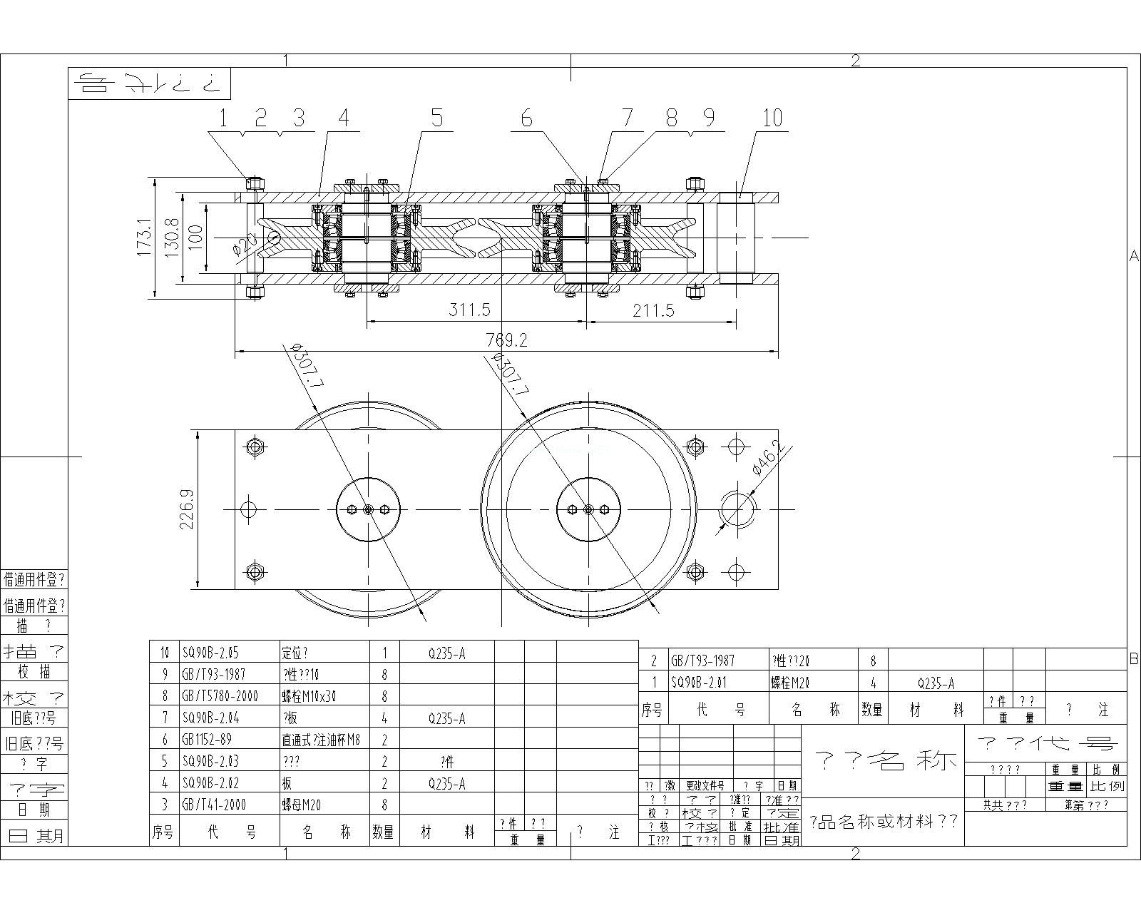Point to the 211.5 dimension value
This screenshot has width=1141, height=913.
tap(652, 310)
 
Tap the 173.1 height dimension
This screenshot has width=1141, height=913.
tap(143, 238)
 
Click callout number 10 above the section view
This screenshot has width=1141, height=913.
tap(772, 118)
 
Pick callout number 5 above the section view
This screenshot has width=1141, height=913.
tap(436, 118)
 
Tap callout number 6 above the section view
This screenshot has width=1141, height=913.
tap(526, 118)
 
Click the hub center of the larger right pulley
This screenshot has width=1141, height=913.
tap(588, 509)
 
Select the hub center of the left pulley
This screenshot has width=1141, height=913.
tap(368, 509)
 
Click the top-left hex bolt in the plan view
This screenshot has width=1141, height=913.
tap(255, 447)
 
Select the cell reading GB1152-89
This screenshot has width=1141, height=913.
tap(208, 740)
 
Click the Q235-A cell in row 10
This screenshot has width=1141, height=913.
tap(446, 653)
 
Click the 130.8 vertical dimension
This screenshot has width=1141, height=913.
tap(171, 238)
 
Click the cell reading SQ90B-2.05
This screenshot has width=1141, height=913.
tap(210, 653)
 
